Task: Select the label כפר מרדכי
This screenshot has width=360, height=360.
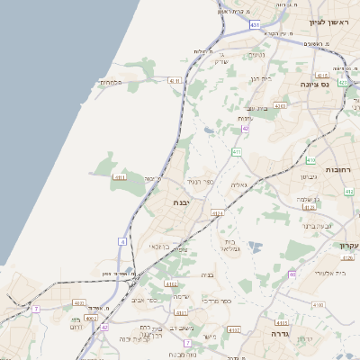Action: point(218,300)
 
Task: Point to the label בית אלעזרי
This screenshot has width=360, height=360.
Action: point(324,273)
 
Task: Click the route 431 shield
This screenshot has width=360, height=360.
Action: point(256,24)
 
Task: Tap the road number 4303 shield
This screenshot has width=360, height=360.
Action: point(280,105)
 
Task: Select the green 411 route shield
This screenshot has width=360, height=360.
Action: point(236,153)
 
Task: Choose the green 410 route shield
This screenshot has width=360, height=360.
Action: point(310,160)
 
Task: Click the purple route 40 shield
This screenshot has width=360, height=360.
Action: point(292,274)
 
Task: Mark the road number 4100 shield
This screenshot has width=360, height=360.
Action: point(318,306)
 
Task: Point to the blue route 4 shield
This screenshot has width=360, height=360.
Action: point(121,241)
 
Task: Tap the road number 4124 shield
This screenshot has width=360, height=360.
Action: point(217,213)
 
